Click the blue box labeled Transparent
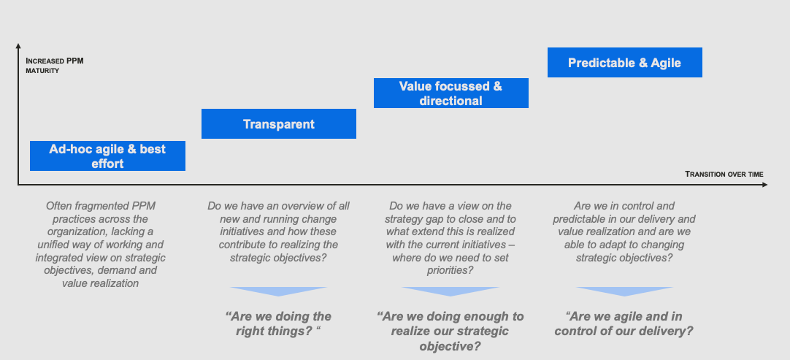[279, 123]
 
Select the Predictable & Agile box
[625, 63]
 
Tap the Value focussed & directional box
[451, 93]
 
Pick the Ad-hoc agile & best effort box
[108, 156]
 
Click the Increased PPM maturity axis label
[55, 66]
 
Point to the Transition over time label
[724, 175]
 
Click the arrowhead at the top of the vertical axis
[18, 46]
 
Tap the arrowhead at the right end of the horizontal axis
[764, 185]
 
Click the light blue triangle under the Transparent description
[279, 291]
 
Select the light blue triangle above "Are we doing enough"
[450, 291]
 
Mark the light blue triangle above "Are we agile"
[624, 291]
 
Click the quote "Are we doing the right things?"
[279, 323]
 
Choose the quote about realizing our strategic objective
[450, 332]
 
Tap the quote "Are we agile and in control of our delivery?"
[624, 323]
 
